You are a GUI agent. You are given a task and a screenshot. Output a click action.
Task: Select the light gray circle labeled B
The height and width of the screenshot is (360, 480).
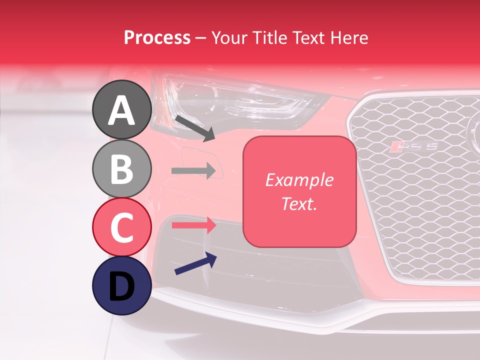tap(122, 168)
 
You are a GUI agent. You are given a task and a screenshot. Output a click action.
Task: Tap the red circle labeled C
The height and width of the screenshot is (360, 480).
tap(122, 227)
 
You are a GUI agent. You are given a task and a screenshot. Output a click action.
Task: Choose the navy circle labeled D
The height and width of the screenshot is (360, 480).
tap(122, 285)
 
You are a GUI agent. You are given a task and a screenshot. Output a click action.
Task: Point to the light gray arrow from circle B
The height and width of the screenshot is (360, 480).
tap(194, 170)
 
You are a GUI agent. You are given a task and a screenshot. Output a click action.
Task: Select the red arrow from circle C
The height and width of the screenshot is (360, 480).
tap(194, 225)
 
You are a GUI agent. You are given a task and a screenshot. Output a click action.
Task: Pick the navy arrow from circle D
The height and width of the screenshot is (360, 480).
tap(195, 263)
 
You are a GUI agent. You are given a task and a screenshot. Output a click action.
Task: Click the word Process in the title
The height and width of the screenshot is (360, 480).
tap(157, 38)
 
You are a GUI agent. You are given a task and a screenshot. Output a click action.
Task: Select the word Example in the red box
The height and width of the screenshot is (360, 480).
tap(299, 180)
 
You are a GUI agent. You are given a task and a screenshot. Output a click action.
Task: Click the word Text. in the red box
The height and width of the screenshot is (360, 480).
tap(299, 203)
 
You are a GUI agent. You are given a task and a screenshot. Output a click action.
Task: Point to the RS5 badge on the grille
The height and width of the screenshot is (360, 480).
tap(414, 146)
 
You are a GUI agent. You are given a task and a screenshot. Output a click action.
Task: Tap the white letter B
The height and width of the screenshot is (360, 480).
tap(122, 169)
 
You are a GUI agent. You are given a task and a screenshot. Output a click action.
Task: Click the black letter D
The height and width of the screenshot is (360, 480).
tap(121, 286)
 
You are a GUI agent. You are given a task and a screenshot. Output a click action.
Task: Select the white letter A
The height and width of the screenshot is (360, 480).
tap(121, 110)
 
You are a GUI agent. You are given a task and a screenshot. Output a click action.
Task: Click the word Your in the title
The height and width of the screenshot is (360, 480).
tap(230, 38)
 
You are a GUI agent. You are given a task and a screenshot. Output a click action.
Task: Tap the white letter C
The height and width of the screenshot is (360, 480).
tap(122, 227)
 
